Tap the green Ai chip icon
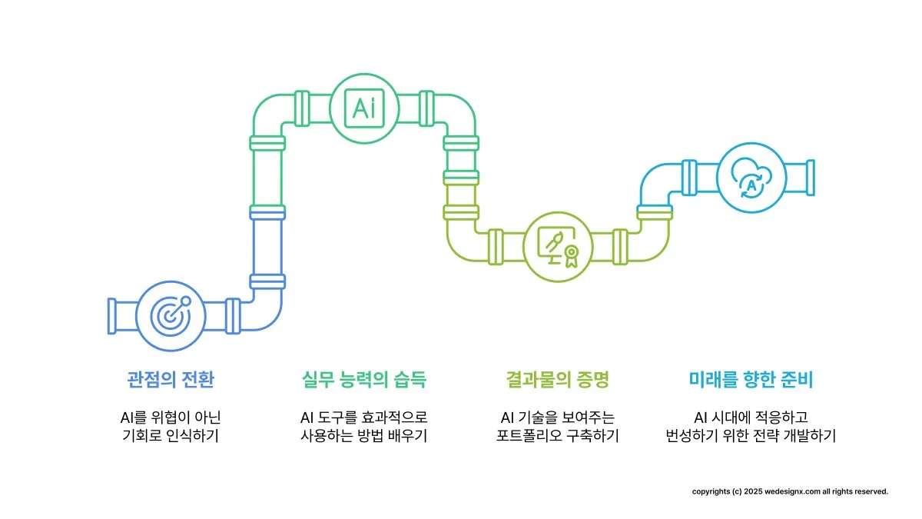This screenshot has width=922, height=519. point(364,108)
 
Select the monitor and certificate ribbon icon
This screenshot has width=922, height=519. point(559,246)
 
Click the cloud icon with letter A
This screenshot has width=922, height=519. point(751,175)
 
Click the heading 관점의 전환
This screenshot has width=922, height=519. point(170,379)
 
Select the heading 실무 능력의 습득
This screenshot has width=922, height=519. point(364,379)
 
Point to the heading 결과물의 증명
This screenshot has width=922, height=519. point(558,379)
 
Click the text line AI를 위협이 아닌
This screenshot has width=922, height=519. point(170,418)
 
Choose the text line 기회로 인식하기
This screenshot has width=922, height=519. point(170,436)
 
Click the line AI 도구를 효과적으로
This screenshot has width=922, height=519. point(364,418)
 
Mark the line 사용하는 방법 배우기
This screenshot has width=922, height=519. point(364,436)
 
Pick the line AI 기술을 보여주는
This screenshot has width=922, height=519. point(558,418)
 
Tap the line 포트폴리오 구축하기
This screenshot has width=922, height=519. point(558,436)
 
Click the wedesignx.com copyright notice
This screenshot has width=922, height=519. point(790,491)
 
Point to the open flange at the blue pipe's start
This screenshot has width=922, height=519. point(112,315)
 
